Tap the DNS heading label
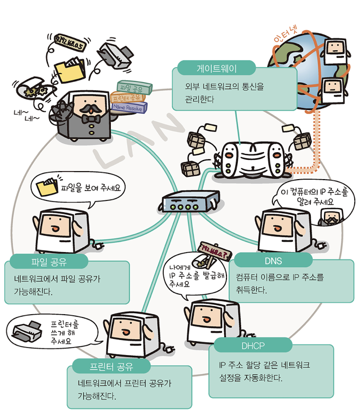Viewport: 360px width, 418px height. click(x=273, y=260)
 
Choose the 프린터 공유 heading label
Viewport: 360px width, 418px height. click(x=111, y=367)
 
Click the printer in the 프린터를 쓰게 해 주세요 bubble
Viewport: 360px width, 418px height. click(x=28, y=331)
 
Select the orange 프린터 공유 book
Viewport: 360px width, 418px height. click(x=128, y=98)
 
